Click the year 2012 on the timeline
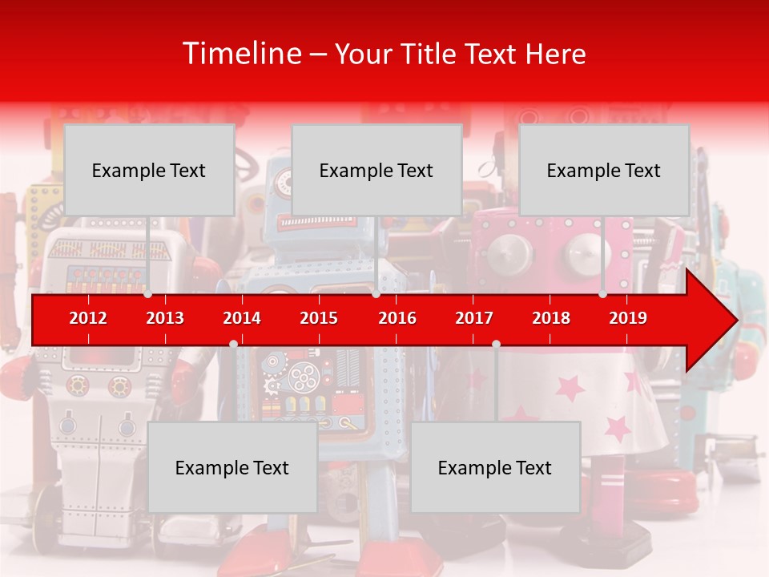coord(88,318)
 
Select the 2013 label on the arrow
coord(165,318)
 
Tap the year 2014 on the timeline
coord(242,318)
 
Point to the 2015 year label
coord(319,318)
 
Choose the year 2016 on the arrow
coord(397,318)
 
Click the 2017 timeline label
coord(474,318)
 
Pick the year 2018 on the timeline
coord(551,318)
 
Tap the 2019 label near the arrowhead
coord(628,318)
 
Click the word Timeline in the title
coord(241,54)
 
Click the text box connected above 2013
coord(149,170)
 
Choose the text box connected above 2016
coord(376,170)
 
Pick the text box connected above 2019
coord(604,170)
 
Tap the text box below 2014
coord(232,467)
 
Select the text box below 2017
coord(495,467)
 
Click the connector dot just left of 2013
coord(147,294)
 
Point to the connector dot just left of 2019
coord(602,294)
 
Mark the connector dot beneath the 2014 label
coord(233,344)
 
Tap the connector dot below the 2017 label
coord(496,344)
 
